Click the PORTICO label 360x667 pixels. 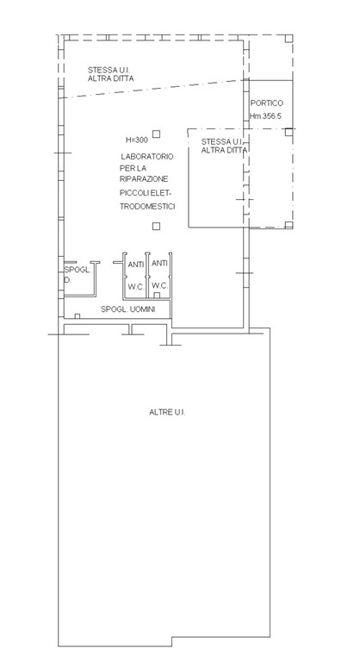(x=266, y=103)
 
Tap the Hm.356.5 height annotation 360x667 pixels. (x=265, y=115)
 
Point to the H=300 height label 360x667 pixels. (x=137, y=140)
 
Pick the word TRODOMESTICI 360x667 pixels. (x=147, y=207)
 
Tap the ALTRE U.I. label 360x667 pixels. (x=167, y=412)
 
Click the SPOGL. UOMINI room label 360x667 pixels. (x=127, y=309)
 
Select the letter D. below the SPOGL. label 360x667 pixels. (x=67, y=280)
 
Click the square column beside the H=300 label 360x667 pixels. (x=157, y=134)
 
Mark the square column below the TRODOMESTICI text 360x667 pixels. (x=156, y=227)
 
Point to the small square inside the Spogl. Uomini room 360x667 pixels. (x=78, y=316)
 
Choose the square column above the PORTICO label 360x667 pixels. (x=289, y=39)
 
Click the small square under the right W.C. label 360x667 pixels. (x=157, y=296)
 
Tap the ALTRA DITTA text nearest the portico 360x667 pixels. (x=225, y=150)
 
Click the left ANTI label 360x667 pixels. (x=136, y=265)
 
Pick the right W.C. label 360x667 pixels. (x=160, y=285)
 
